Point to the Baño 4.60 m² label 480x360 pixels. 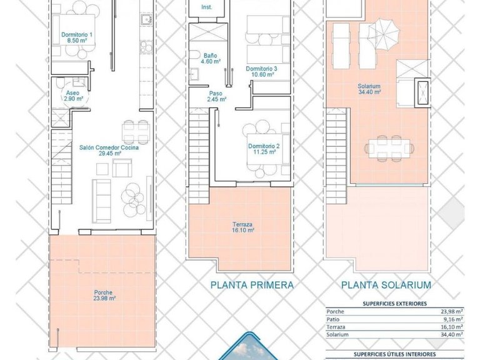pos(210,58)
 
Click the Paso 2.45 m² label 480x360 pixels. pos(217,96)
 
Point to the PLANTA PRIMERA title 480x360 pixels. pos(252,285)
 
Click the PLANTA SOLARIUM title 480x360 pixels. pos(386,285)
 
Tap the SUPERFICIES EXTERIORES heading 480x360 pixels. pos(395,304)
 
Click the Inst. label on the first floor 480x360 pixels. pos(207,7)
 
